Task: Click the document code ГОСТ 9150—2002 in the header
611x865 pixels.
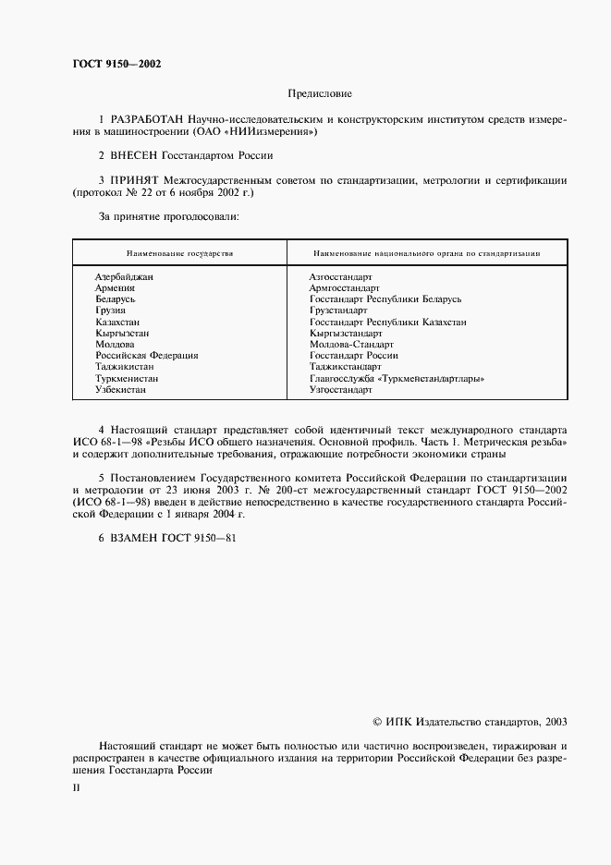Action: (x=116, y=64)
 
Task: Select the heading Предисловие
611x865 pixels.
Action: (x=320, y=94)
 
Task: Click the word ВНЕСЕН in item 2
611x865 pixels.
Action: (x=138, y=156)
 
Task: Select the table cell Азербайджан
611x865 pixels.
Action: (x=124, y=277)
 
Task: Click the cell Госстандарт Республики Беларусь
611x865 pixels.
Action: (x=385, y=299)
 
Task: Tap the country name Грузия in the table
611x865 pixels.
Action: (x=111, y=311)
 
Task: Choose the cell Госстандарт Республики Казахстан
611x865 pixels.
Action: (x=387, y=323)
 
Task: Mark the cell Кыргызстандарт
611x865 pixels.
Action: (x=346, y=334)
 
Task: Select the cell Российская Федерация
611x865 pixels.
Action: (x=146, y=356)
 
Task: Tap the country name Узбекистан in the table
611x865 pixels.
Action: (x=121, y=390)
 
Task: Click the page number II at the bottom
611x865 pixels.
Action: (x=76, y=791)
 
